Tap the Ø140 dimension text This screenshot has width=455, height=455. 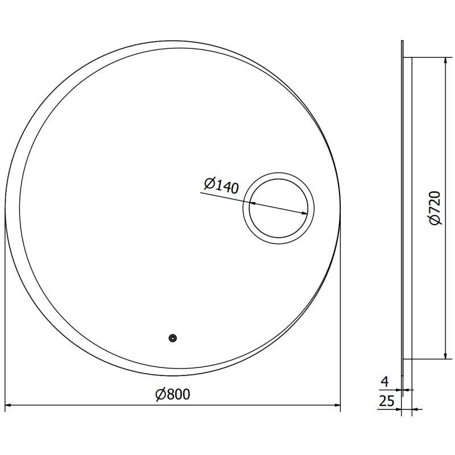click(x=221, y=185)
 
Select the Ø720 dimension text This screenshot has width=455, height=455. click(x=435, y=209)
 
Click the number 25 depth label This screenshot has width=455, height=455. click(x=386, y=401)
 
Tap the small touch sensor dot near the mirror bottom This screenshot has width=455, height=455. click(x=172, y=339)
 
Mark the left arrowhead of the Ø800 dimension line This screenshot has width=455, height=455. click(x=9, y=406)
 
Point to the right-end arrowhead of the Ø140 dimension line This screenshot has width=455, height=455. click(x=308, y=213)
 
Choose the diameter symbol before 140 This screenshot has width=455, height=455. click(x=208, y=183)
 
